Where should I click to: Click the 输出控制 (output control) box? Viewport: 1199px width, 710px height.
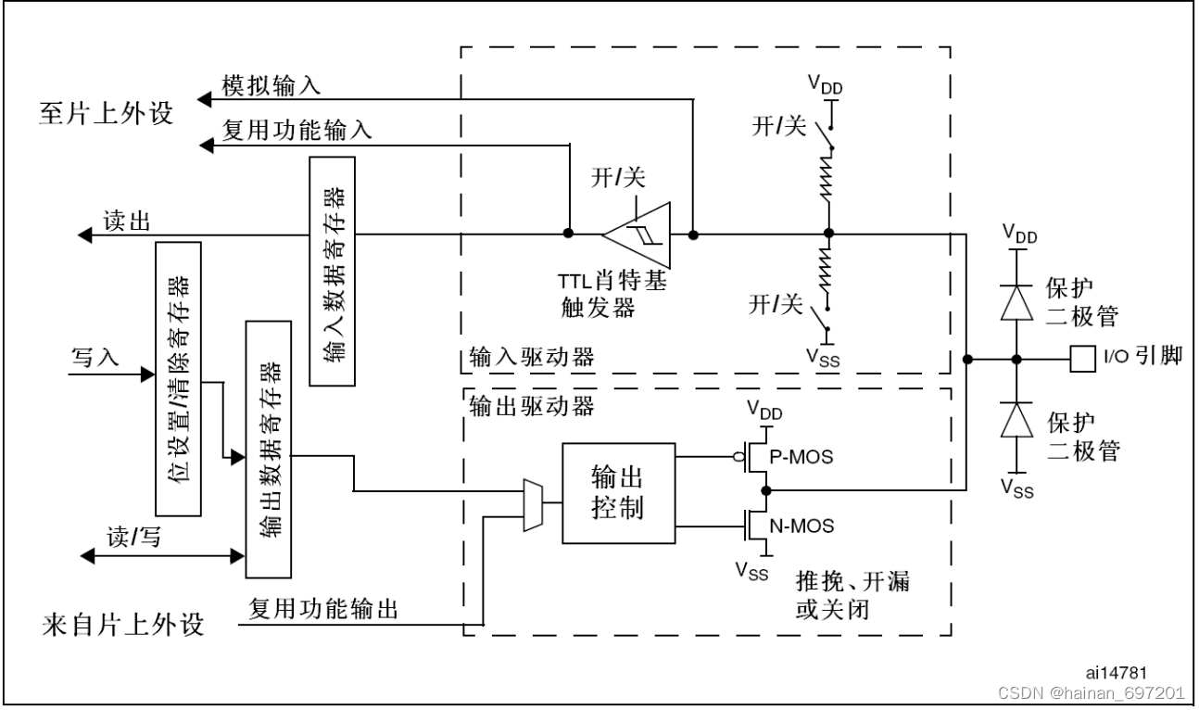click(616, 494)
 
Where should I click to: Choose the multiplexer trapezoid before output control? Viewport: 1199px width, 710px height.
click(533, 505)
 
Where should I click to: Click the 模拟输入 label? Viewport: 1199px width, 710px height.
click(271, 85)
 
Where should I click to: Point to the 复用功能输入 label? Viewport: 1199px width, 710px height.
click(297, 130)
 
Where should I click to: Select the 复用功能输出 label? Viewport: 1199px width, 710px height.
click(323, 609)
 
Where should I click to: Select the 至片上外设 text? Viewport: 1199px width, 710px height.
click(107, 113)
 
